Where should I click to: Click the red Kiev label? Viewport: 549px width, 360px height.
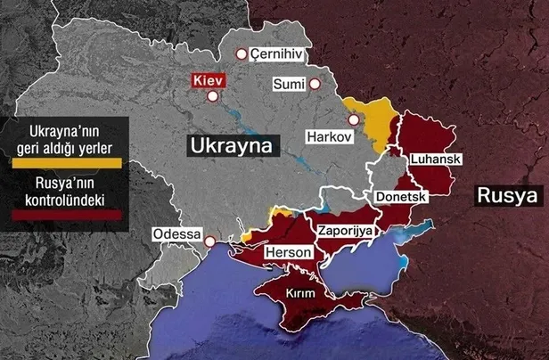(x=208, y=80)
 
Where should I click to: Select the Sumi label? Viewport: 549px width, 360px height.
(x=288, y=85)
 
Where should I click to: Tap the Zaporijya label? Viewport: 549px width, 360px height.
(x=344, y=230)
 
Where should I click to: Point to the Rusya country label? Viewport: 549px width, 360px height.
(x=506, y=195)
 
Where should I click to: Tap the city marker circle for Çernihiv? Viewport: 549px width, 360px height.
(x=240, y=54)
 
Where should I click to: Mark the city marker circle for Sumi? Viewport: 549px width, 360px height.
(x=315, y=85)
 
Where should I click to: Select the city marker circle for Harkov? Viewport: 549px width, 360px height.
(x=355, y=119)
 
